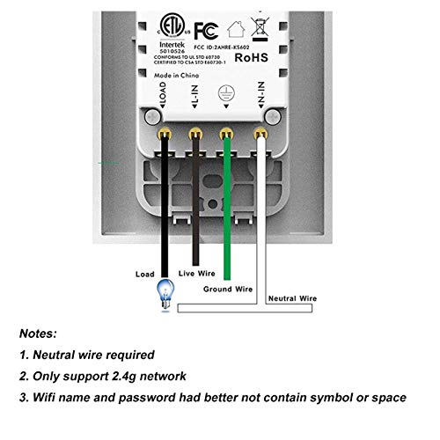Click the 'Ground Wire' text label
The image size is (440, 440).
[x=230, y=288]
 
